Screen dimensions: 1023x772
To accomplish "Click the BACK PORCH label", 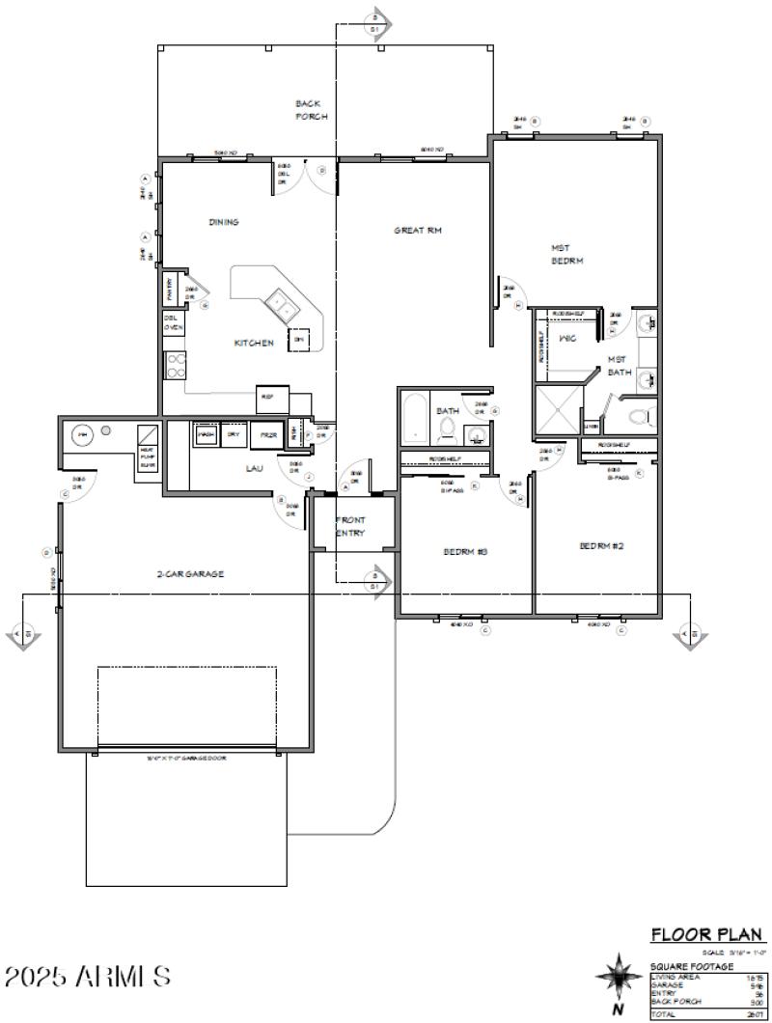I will (x=312, y=109).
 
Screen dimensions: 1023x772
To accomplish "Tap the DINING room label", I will (x=224, y=222).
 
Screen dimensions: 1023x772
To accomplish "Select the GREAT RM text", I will (x=418, y=231).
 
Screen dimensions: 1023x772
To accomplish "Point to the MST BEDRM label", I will (x=568, y=254).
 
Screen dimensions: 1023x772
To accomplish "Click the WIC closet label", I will (x=568, y=339).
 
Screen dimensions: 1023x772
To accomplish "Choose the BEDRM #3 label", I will (x=465, y=551).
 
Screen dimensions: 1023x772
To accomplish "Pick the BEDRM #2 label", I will (x=601, y=545).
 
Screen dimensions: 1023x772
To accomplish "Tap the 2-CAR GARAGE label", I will (x=190, y=573).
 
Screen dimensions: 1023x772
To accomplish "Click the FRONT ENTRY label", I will (x=350, y=526).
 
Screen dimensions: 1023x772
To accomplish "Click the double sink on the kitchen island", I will (x=283, y=307).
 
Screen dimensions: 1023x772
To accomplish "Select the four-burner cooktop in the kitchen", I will (x=177, y=364).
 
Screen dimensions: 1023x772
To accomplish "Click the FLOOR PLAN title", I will (x=708, y=934).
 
